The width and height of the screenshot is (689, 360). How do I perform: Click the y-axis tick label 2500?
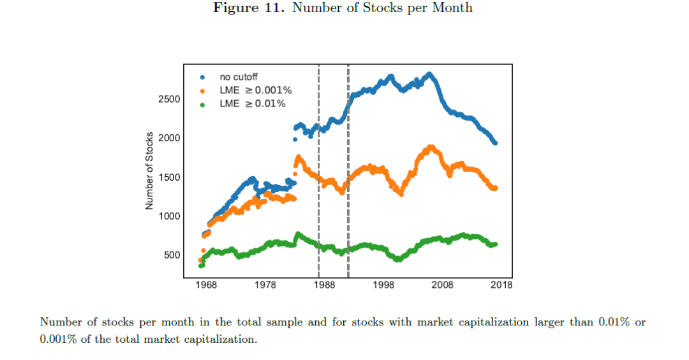pyautogui.click(x=169, y=99)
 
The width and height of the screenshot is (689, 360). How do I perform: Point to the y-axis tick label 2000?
pyautogui.click(x=169, y=138)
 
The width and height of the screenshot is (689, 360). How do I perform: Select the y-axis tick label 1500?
pyautogui.click(x=169, y=177)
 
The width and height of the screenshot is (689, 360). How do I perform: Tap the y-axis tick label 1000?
pyautogui.click(x=169, y=216)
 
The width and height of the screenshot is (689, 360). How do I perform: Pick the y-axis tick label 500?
pyautogui.click(x=172, y=255)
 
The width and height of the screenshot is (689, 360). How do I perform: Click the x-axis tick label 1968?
pyautogui.click(x=205, y=285)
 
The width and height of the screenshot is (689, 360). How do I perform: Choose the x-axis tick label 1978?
pyautogui.click(x=265, y=285)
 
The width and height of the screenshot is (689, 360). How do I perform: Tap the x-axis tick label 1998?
pyautogui.click(x=384, y=285)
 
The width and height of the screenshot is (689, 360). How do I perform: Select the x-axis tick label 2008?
pyautogui.click(x=443, y=285)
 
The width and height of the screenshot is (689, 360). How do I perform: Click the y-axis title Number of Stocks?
pyautogui.click(x=149, y=170)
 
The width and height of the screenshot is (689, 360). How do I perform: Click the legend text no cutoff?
pyautogui.click(x=240, y=77)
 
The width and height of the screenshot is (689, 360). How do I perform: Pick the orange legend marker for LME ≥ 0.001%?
pyautogui.click(x=202, y=91)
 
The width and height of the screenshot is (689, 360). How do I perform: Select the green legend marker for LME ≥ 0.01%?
pyautogui.click(x=202, y=103)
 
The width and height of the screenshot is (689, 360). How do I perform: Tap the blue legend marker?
pyautogui.click(x=202, y=77)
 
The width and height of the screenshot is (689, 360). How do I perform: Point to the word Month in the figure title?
pyautogui.click(x=452, y=8)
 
